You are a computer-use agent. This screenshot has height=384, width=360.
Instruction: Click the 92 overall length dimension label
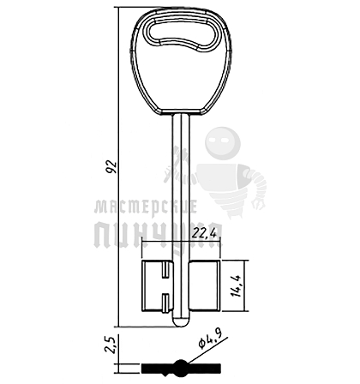click(x=112, y=167)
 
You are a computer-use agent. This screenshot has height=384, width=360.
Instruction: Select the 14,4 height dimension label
click(x=237, y=285)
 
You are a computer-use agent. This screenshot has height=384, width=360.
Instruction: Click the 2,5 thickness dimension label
click(x=111, y=345)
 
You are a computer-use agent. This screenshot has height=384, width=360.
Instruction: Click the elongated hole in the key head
click(x=183, y=34)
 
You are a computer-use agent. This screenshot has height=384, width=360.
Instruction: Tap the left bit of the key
click(x=158, y=285)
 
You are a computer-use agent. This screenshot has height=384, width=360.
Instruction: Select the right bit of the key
click(x=204, y=285)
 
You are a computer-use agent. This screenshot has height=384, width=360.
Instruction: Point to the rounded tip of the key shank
click(x=181, y=321)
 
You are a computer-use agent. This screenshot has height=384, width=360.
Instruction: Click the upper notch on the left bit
click(x=165, y=271)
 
